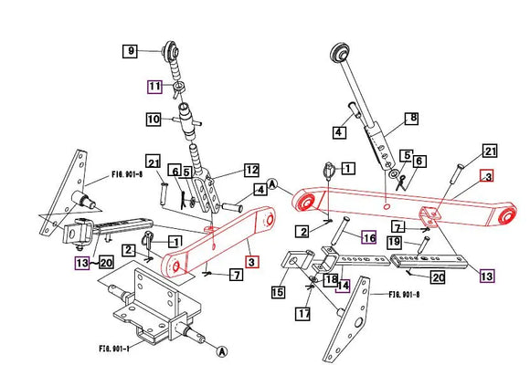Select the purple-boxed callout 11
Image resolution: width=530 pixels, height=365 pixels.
click(155, 87)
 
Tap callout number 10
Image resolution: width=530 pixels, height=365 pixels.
click(153, 119)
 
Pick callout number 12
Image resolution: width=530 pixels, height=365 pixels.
click(251, 169)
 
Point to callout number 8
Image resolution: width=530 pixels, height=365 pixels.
click(411, 118)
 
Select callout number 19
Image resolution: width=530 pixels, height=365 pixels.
click(394, 242)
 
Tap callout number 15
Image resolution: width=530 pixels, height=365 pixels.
click(277, 292)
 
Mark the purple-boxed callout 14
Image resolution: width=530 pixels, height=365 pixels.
click(342, 285)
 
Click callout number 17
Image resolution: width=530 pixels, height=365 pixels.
click(303, 313)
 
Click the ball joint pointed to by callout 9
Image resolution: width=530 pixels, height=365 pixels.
click(169, 47)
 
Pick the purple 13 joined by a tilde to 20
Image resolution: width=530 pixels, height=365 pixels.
click(83, 263)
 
